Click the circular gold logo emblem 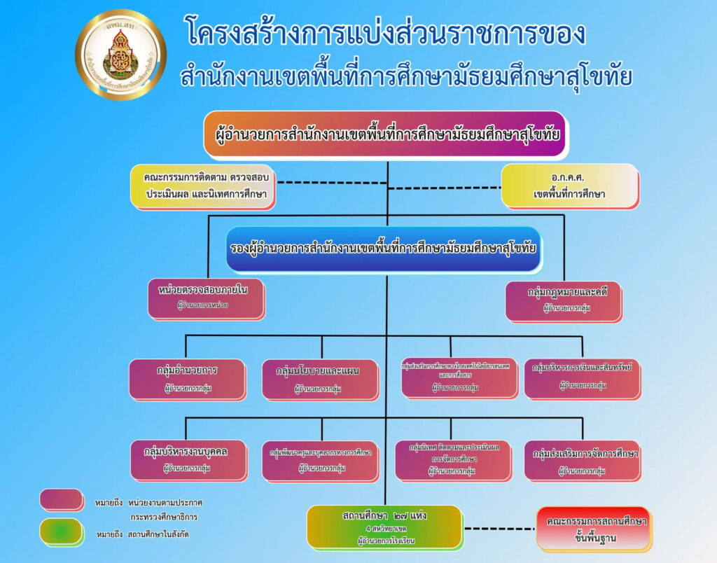click(x=120, y=55)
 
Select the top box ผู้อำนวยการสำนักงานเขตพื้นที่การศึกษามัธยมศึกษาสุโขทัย click(x=385, y=134)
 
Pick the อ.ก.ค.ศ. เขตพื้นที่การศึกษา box click(x=569, y=186)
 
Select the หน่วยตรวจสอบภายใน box click(x=206, y=298)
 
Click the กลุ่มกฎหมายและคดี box click(x=563, y=300)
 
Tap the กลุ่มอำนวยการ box click(x=188, y=377)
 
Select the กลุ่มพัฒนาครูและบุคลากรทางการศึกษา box click(x=321, y=459)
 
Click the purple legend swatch click(x=62, y=499)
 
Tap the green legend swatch click(x=62, y=531)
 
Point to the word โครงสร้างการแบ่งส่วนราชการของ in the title click(x=386, y=32)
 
